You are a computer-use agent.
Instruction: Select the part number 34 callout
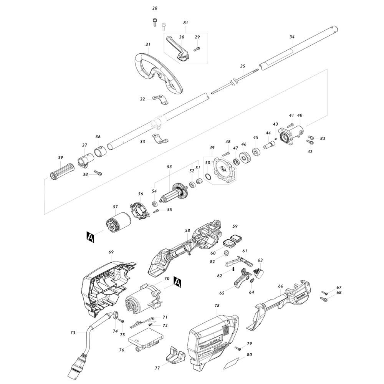point(292,37)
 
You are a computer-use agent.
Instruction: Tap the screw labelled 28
point(154,23)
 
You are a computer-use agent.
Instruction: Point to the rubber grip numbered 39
point(61,171)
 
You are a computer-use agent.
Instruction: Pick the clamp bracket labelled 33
point(161,139)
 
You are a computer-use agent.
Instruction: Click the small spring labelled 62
point(233,269)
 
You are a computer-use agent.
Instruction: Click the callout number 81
point(185,23)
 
